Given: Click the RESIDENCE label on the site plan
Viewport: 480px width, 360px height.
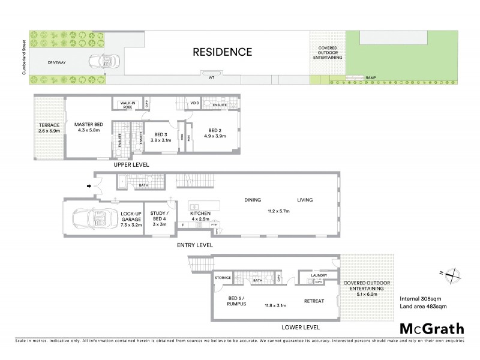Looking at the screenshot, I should click(x=222, y=52).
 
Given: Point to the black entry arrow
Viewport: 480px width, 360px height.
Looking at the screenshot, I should click(x=91, y=186).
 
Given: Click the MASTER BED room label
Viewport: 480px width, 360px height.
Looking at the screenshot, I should click(x=86, y=128).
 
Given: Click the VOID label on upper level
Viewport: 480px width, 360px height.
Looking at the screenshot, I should click(x=194, y=103).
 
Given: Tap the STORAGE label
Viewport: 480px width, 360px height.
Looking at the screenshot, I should click(x=223, y=278).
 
